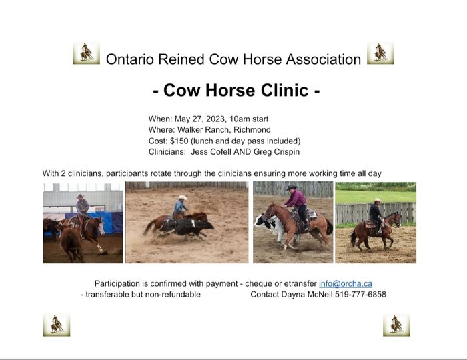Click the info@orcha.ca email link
[x=346, y=283]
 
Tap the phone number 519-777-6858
[x=360, y=294]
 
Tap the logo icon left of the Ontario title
[x=86, y=53]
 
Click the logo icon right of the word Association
[x=380, y=53]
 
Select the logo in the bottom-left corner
[x=57, y=325]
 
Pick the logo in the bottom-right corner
[x=396, y=325]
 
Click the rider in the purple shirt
[x=296, y=207]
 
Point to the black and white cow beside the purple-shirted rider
[x=270, y=227]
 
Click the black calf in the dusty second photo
[x=187, y=227]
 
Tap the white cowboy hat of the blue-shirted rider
[x=182, y=197]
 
